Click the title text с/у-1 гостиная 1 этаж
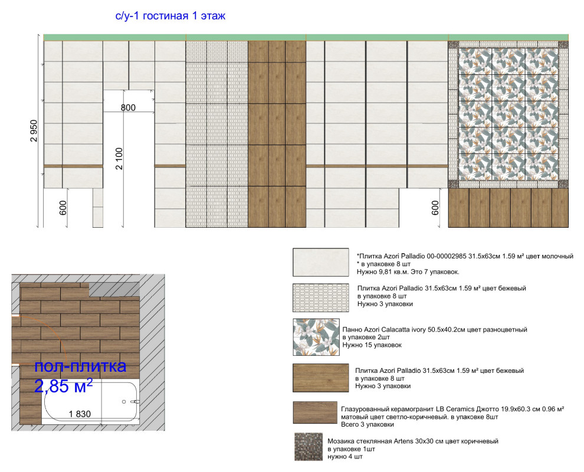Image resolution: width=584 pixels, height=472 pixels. click(x=170, y=16)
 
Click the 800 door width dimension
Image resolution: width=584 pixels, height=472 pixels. click(x=128, y=107)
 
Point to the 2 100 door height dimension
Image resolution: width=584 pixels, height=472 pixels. click(x=119, y=159)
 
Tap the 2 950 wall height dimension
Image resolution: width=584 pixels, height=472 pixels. click(x=34, y=131)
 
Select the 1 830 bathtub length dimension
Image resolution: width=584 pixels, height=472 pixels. click(x=80, y=414)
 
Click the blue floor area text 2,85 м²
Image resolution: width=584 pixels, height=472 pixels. click(x=63, y=386)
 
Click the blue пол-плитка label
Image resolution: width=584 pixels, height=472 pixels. click(x=80, y=366)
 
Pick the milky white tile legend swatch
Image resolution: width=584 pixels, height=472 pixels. click(x=321, y=263)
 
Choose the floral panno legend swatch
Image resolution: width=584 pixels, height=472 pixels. click(x=316, y=337)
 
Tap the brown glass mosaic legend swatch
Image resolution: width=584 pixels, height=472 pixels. click(x=309, y=447)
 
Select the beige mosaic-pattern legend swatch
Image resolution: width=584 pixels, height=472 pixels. click(x=321, y=297)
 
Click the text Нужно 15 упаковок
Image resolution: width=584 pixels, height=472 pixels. click(x=372, y=345)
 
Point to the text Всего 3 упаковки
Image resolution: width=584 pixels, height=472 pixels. click(x=368, y=424)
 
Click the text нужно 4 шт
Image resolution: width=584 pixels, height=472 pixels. click(x=345, y=456)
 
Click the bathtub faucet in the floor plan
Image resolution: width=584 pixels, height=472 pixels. click(x=135, y=402)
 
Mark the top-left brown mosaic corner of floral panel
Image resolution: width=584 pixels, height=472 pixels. click(x=453, y=45)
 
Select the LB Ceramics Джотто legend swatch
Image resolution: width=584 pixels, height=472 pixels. click(x=315, y=412)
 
